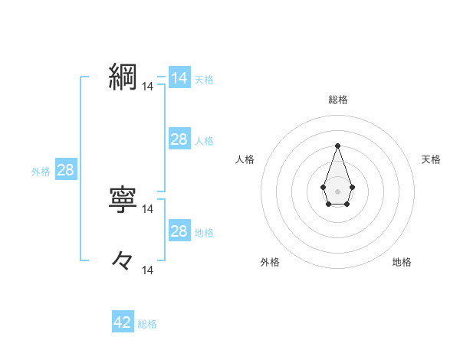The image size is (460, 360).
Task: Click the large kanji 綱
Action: point(123,77)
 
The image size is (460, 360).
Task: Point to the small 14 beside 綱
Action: point(148,87)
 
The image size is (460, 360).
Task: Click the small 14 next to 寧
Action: point(148,208)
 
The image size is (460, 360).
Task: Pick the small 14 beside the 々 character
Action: point(148,270)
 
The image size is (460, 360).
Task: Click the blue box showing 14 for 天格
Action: point(179,78)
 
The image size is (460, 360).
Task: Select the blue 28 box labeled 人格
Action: point(179,139)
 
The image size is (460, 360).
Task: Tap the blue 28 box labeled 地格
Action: point(179,231)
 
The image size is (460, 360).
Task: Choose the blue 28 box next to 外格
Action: point(66,170)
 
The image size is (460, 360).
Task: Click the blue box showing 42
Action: point(123,322)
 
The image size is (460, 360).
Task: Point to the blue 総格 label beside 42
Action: point(147,324)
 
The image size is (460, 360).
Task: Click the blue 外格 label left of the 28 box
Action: point(41,172)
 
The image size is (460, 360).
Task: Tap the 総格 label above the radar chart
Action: point(338,100)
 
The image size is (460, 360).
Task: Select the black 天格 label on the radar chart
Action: point(432,159)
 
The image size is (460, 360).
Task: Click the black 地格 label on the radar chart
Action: point(402,262)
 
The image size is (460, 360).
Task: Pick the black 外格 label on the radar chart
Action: point(270,262)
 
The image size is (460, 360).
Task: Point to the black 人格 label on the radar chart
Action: point(245,159)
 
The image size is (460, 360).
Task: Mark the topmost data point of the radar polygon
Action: point(337,146)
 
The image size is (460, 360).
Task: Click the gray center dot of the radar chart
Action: point(337,190)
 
